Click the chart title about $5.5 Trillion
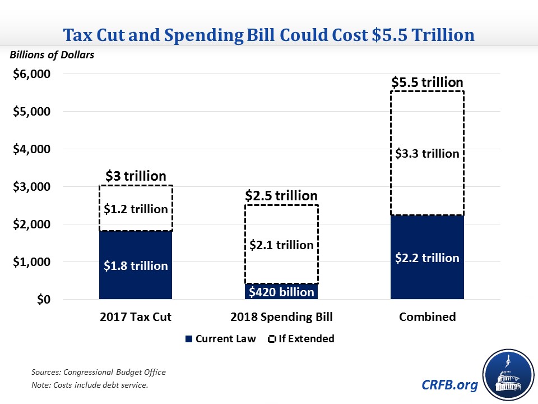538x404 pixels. pos(269,35)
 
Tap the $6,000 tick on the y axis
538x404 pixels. pos(32,74)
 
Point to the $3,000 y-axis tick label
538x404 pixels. pos(32,187)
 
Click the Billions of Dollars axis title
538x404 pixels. pos(43,55)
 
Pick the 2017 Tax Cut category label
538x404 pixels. pos(136,316)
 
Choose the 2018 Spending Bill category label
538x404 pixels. pos(281,316)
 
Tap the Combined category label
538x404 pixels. pos(427,316)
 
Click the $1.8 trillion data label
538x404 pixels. pos(136,265)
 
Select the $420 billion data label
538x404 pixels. pos(281,292)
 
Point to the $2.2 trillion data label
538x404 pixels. pos(427,258)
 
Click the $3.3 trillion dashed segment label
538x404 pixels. pos(427,153)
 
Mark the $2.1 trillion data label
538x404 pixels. pos(281,245)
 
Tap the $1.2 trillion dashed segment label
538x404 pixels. pos(136,209)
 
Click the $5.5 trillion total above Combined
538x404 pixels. pos(427,82)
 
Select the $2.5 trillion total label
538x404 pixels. pos(281,196)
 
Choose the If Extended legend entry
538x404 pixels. pos(303,338)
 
